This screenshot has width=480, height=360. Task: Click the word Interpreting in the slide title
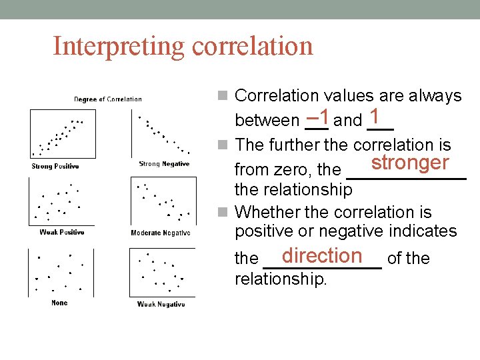pyautogui.click(x=119, y=47)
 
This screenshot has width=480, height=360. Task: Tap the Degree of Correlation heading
pyautogui.click(x=107, y=99)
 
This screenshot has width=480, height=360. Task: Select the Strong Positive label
pyautogui.click(x=55, y=166)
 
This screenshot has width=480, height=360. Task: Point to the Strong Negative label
pyautogui.click(x=164, y=164)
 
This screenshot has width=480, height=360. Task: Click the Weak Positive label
pyautogui.click(x=61, y=232)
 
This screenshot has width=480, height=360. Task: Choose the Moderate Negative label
pyautogui.click(x=161, y=233)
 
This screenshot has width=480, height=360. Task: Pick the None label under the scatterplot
pyautogui.click(x=59, y=303)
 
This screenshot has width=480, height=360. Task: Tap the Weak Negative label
pyautogui.click(x=161, y=304)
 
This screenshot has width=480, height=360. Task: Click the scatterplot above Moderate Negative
pyautogui.click(x=162, y=201)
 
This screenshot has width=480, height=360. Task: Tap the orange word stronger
pyautogui.click(x=409, y=163)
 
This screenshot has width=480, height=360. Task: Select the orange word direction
pyautogui.click(x=321, y=255)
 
